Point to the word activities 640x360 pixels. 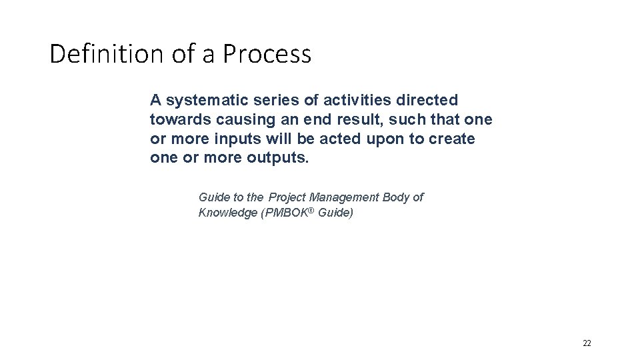[358, 101]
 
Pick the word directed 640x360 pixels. [429, 101]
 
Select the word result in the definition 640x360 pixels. [343, 121]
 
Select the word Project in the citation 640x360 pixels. [287, 197]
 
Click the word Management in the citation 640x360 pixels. [344, 197]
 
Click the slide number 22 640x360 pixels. [587, 343]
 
